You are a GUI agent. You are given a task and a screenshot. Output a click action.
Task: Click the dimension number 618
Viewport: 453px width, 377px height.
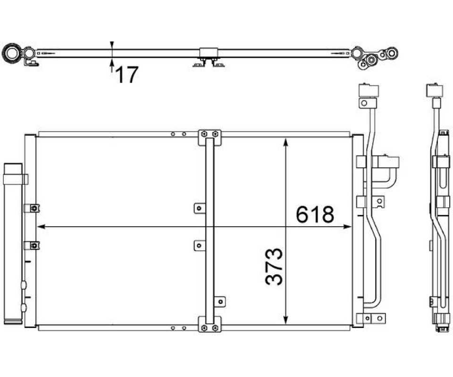coord(315,214)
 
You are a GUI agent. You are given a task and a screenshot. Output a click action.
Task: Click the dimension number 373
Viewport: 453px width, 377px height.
coord(274,266)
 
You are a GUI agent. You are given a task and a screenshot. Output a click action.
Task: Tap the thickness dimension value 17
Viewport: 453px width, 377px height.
coord(127,74)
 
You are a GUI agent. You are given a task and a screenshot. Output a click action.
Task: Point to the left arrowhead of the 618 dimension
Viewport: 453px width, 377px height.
coord(42,227)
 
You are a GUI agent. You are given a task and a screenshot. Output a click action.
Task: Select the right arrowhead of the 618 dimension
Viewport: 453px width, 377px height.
coord(348,227)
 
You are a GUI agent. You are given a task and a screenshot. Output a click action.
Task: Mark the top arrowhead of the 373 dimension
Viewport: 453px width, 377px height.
coord(286,142)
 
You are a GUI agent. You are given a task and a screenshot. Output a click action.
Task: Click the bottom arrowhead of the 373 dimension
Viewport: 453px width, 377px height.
coord(286,320)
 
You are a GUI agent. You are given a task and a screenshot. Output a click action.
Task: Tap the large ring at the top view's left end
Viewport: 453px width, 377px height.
coord(12,54)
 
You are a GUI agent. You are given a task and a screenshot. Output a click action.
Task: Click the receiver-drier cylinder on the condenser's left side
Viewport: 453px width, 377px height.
coord(13,243)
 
